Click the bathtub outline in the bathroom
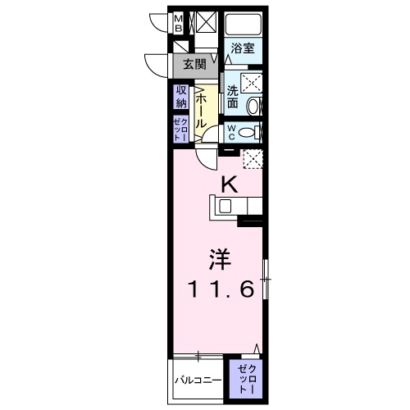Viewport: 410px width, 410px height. click(243, 24)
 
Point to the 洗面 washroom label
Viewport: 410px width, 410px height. click(233, 98)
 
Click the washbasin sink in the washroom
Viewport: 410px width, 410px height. click(253, 104)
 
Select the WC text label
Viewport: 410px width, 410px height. click(232, 132)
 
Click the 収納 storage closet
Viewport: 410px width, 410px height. click(180, 97)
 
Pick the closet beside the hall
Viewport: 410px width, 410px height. click(180, 130)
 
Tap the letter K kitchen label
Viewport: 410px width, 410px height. click(230, 185)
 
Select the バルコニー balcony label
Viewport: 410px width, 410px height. click(198, 381)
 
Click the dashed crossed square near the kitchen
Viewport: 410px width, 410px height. click(253, 159)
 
